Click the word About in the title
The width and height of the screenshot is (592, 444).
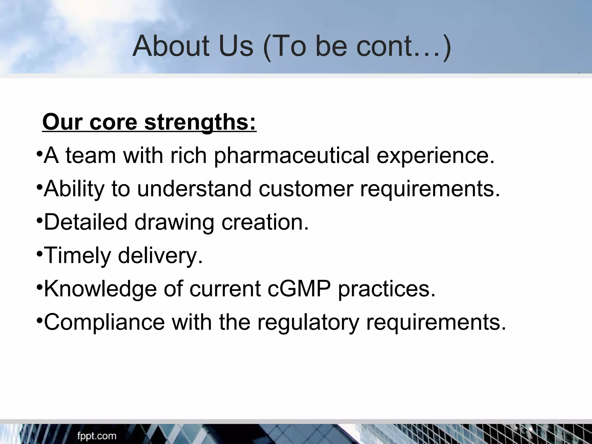(x=171, y=46)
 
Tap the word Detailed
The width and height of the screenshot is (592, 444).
(x=86, y=222)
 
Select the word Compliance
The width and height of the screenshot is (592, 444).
(x=104, y=322)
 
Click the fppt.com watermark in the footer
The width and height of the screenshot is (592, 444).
(x=97, y=436)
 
